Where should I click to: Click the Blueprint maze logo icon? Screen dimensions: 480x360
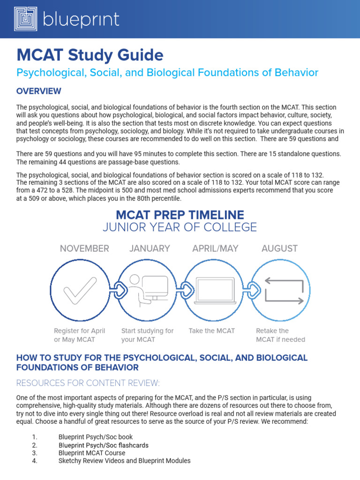(25, 19)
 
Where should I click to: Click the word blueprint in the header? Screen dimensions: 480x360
(81, 20)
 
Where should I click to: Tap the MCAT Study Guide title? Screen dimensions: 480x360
(90, 55)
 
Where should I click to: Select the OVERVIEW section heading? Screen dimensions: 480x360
(38, 90)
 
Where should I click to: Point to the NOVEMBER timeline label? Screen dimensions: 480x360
(84, 248)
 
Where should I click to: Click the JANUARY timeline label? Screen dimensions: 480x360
(150, 248)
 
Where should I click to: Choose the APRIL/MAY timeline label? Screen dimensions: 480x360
(215, 248)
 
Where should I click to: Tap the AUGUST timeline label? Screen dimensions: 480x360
(279, 248)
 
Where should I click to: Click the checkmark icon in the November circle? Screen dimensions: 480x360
(80, 291)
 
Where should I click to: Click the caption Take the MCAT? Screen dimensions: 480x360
(211, 331)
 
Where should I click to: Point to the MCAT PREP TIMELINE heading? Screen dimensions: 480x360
(180, 215)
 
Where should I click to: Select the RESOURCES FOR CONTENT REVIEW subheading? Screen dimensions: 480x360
(88, 383)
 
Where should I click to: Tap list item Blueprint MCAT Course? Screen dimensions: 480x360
(91, 453)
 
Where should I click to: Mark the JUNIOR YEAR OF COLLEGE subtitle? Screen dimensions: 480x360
(180, 228)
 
